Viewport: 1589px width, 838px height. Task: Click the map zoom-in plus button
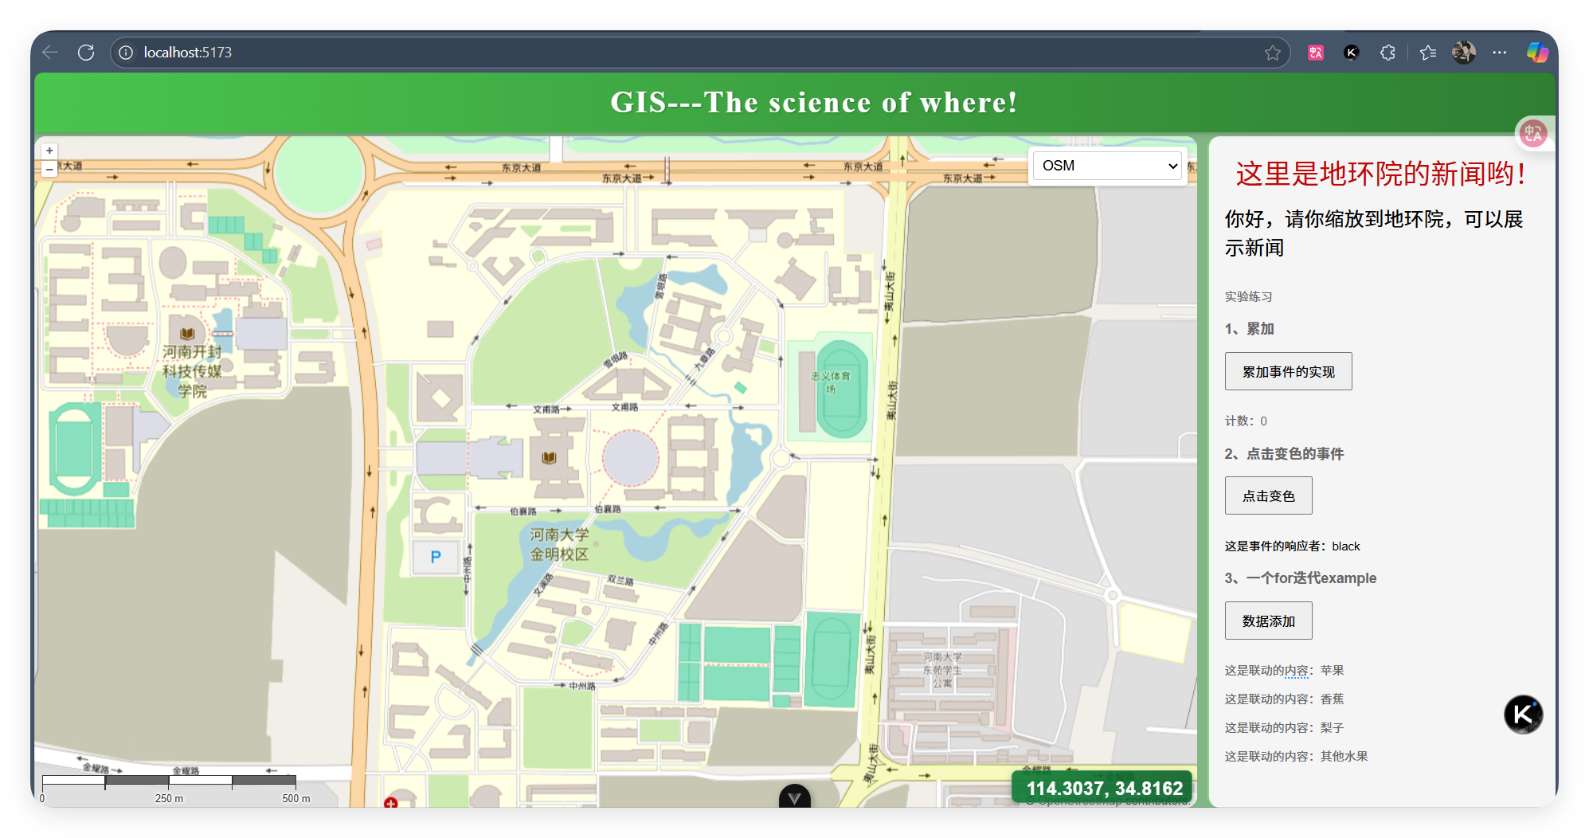(x=49, y=151)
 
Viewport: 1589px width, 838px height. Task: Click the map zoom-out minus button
(x=49, y=169)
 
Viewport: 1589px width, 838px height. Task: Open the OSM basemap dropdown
(x=1108, y=166)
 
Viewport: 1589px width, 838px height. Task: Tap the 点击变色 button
(x=1268, y=496)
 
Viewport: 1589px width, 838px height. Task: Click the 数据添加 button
(x=1268, y=621)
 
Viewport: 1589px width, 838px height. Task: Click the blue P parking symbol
(x=436, y=557)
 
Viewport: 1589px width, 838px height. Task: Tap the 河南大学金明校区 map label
(x=559, y=544)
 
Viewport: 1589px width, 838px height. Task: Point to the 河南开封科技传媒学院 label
(x=192, y=371)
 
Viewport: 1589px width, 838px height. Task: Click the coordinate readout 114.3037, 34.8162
(x=1104, y=789)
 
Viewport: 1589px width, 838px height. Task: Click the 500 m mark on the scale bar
(x=295, y=798)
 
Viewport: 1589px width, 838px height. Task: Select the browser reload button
(x=86, y=53)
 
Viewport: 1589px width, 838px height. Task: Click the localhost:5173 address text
(x=188, y=53)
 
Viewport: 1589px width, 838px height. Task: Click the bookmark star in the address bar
(x=1272, y=53)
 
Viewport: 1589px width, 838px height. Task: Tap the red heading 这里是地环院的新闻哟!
(x=1380, y=174)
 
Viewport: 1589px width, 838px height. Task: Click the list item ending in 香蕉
(x=1284, y=699)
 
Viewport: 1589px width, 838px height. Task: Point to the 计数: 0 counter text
(x=1246, y=421)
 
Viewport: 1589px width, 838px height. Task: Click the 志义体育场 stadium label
(x=831, y=382)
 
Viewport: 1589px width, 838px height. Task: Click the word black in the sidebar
(x=1345, y=546)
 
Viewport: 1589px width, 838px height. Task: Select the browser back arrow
(x=50, y=53)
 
